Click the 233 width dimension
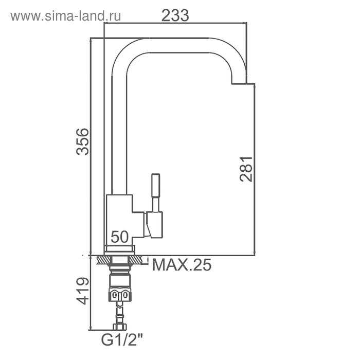pyautogui.click(x=175, y=15)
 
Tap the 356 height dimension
pyautogui.click(x=82, y=141)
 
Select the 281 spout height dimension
pyautogui.click(x=246, y=169)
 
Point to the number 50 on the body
pyautogui.click(x=120, y=237)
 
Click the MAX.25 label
pyautogui.click(x=182, y=265)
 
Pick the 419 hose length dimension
pyautogui.click(x=82, y=291)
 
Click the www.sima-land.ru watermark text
pyautogui.click(x=66, y=16)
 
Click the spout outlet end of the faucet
pyautogui.click(x=239, y=80)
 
